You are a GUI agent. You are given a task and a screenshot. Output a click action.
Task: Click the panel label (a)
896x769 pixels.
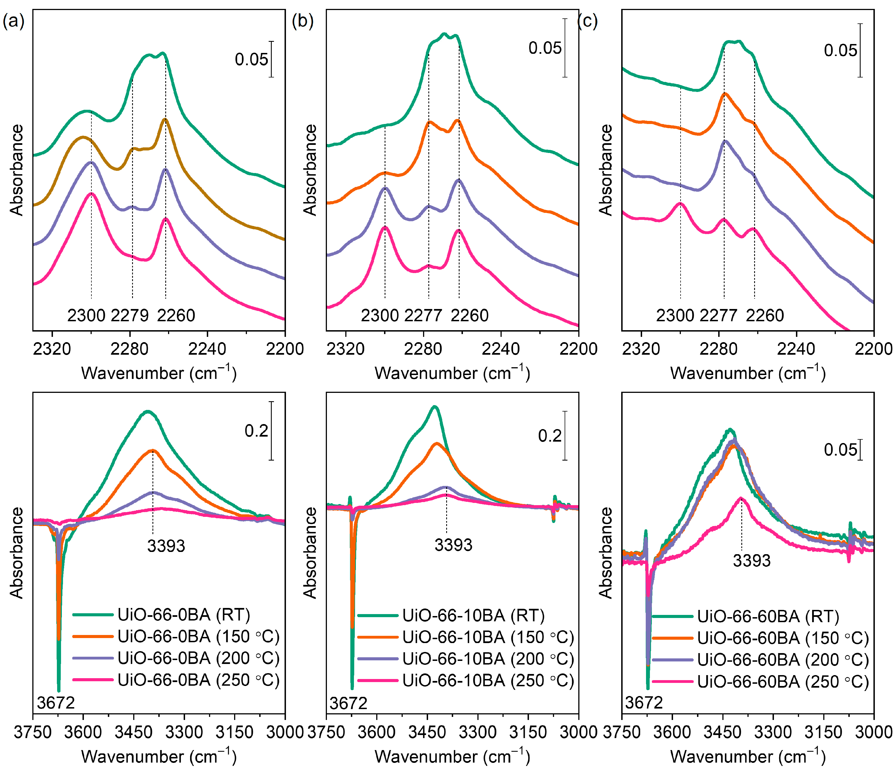coord(13,21)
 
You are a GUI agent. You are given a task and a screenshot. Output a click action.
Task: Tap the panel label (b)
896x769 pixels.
coord(302,21)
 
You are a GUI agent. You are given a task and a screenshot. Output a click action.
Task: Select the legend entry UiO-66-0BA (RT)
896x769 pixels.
coord(183,614)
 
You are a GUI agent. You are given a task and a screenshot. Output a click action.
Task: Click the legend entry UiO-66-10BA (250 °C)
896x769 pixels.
coord(488,680)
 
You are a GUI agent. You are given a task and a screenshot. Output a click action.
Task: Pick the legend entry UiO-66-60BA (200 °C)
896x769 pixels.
coord(783,660)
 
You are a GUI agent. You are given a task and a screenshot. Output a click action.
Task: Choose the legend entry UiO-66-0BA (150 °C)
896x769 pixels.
coord(198,636)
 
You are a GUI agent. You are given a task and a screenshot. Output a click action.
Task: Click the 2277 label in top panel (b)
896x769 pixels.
coord(423,316)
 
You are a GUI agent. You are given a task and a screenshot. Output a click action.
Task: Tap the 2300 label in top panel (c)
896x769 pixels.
coord(675,316)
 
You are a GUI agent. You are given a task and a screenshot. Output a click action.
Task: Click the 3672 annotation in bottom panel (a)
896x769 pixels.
coord(56,703)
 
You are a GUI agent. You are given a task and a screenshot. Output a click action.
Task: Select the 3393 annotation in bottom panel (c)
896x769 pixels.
coord(752,561)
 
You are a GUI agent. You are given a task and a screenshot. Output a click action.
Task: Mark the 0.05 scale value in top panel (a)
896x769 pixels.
coord(251,60)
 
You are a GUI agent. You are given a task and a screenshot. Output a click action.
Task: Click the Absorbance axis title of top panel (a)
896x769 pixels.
coord(16,170)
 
